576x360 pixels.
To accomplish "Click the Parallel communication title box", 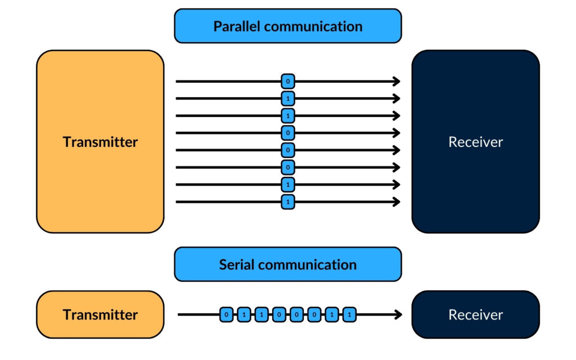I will pos(287,26).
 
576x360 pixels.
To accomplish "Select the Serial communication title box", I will pos(287,264).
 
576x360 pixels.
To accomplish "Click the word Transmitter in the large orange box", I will pos(100,142).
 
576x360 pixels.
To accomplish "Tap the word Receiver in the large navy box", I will pos(475,142).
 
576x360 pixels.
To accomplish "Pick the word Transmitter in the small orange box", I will pos(100,314).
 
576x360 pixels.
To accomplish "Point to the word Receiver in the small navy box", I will pos(475,314).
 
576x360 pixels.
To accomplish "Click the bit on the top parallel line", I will pos(287,82).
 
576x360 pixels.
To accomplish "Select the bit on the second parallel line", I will pos(287,99).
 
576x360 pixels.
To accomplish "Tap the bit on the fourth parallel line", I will pos(287,133).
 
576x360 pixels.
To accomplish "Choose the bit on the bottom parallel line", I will pos(287,201).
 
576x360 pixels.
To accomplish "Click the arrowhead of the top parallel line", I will pos(397,82).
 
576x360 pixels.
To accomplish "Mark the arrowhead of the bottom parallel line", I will pos(397,201).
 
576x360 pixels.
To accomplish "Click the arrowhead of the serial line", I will pos(398,314).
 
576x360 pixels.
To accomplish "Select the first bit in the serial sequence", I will pos(226,314).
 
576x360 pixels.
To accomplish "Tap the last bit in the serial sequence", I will pos(349,314).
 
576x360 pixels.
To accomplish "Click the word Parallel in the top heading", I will pos(240,26).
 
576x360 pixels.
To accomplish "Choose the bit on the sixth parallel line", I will pos(287,167).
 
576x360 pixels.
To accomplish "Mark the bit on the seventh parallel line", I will pos(287,184).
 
